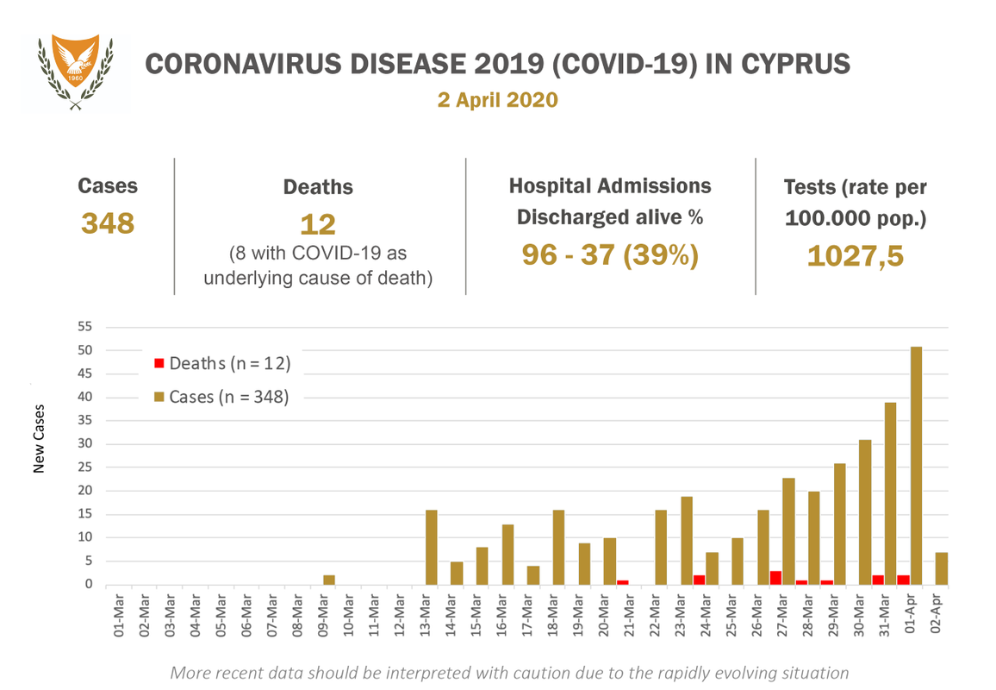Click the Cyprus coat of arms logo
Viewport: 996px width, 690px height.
[76, 72]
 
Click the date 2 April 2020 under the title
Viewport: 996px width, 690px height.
[497, 100]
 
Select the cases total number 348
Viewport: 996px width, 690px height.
[108, 223]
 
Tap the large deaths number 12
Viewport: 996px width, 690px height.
[318, 224]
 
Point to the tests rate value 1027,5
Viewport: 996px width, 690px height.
[855, 255]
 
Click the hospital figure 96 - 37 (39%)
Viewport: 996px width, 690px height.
[610, 254]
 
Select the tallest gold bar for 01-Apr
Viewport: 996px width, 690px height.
[916, 466]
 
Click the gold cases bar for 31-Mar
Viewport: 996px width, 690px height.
[891, 493]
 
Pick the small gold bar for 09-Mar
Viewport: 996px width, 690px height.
[329, 580]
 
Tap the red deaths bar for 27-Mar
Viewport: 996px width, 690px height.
[775, 577]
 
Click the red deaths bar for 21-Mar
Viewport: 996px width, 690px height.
[622, 582]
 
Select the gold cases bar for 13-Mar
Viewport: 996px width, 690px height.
[432, 548]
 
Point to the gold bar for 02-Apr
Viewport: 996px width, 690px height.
[942, 568]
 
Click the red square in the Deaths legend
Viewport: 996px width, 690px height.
[159, 363]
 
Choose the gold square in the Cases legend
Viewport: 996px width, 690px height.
[159, 397]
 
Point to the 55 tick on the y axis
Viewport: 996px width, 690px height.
[84, 327]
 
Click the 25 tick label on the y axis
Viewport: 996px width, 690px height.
[84, 467]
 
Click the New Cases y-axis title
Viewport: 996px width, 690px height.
[39, 439]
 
